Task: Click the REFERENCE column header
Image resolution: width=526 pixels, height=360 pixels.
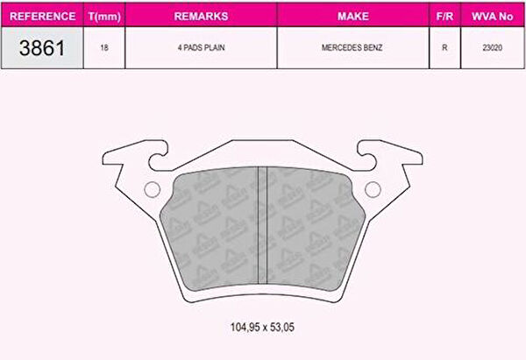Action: click(x=43, y=16)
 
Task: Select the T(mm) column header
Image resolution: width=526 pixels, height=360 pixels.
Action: click(x=104, y=17)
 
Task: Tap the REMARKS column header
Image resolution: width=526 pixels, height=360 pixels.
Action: click(x=201, y=16)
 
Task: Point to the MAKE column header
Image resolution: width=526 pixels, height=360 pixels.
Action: click(x=353, y=16)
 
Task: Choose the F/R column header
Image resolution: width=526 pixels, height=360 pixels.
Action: click(x=444, y=16)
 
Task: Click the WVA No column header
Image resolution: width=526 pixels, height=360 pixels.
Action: click(x=492, y=16)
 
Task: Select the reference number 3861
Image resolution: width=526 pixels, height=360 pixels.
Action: click(x=42, y=47)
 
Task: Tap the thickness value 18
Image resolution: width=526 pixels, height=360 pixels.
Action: click(x=104, y=47)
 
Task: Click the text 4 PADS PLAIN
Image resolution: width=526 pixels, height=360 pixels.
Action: click(x=201, y=47)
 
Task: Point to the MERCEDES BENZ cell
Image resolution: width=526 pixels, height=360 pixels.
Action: click(x=352, y=47)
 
